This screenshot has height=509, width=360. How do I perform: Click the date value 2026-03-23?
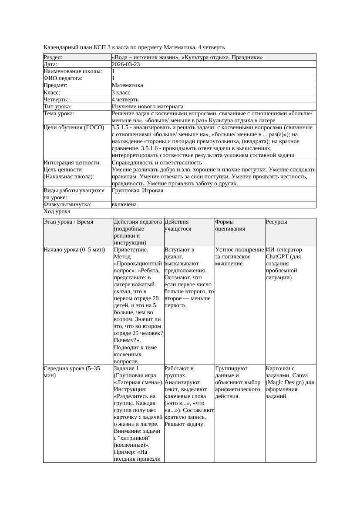pos(126,64)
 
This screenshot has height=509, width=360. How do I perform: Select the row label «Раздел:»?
pos(53,57)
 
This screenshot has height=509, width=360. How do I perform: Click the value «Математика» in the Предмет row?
pos(128,85)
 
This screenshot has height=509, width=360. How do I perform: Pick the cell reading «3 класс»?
pos(121,93)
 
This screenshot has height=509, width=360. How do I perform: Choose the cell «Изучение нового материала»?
pos(148,107)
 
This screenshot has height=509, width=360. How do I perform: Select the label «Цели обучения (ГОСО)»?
pos(74,127)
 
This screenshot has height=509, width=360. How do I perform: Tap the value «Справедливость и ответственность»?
pos(157,163)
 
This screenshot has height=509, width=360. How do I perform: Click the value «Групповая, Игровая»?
pos(138,191)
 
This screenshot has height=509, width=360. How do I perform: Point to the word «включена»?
pos(124,204)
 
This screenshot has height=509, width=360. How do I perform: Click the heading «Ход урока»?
pos(57,211)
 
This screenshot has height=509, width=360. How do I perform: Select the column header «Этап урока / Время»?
pos(68,222)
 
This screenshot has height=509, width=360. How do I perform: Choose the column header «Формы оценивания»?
pos(230,225)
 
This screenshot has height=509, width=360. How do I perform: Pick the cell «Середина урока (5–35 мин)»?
pos(72,372)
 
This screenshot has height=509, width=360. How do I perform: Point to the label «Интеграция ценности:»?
pos(72,163)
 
